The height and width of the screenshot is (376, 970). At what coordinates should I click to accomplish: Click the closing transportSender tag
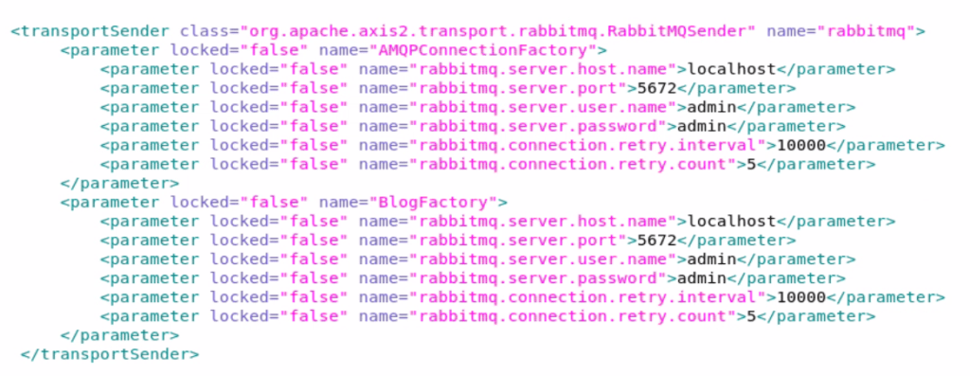tap(109, 354)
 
